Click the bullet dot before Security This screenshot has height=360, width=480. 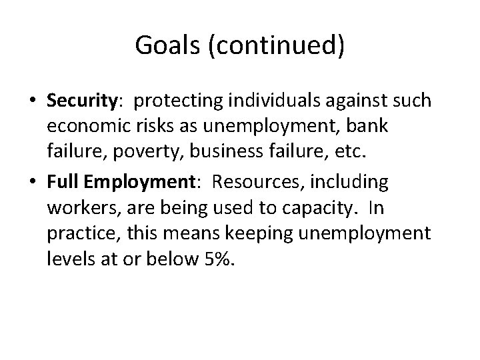coord(31,101)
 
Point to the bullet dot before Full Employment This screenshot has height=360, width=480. coord(31,181)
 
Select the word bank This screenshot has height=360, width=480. coord(368,127)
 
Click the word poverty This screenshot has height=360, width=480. coord(128,154)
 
